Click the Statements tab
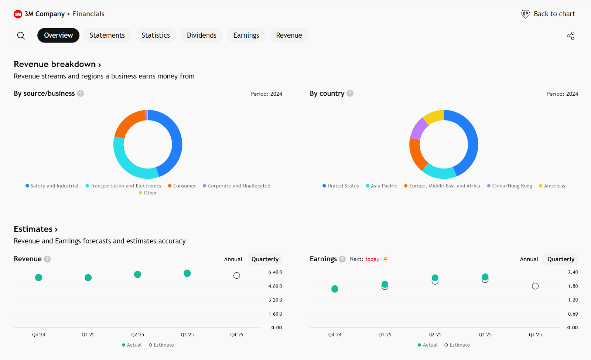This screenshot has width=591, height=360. [x=107, y=35]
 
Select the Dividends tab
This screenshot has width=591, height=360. [x=201, y=35]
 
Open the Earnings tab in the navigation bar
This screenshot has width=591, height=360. [x=246, y=35]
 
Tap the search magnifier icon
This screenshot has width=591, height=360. [x=21, y=35]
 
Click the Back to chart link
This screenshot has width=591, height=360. [x=548, y=14]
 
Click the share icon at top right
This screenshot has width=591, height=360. [x=571, y=36]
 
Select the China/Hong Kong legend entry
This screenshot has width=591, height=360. [x=512, y=186]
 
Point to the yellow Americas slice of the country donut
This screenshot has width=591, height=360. [x=433, y=116]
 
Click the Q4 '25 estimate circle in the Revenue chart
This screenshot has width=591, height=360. [x=237, y=276]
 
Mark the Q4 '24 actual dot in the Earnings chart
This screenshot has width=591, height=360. [x=335, y=289]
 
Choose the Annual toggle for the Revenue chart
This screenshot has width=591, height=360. [x=233, y=259]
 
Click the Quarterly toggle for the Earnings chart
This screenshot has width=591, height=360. [x=561, y=259]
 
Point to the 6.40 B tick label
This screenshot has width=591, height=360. [x=275, y=272]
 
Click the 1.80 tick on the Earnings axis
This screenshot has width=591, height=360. [x=573, y=286]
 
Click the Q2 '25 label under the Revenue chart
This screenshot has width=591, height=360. [x=137, y=335]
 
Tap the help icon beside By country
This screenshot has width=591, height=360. [x=350, y=94]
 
